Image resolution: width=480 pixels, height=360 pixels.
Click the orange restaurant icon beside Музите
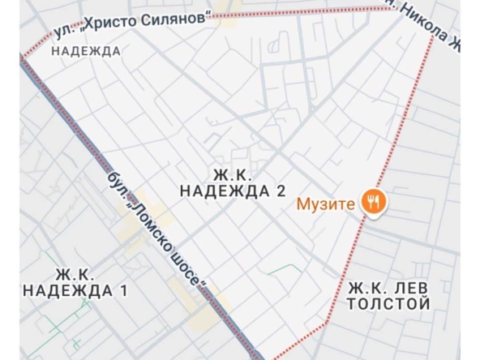(374, 202)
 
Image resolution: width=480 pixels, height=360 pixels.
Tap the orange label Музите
(326, 203)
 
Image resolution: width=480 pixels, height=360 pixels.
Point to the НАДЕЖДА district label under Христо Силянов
(85, 51)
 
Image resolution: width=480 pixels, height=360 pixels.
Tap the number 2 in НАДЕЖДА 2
(281, 191)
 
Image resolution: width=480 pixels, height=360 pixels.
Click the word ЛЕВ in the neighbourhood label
(410, 289)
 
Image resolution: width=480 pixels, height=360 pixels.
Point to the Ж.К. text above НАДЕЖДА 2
(233, 174)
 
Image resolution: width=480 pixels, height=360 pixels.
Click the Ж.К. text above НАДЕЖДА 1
(76, 273)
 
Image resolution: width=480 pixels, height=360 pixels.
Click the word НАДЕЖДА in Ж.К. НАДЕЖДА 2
(225, 191)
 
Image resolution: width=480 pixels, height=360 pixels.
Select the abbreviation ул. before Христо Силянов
(63, 32)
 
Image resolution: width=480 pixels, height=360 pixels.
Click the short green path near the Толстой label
(283, 268)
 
